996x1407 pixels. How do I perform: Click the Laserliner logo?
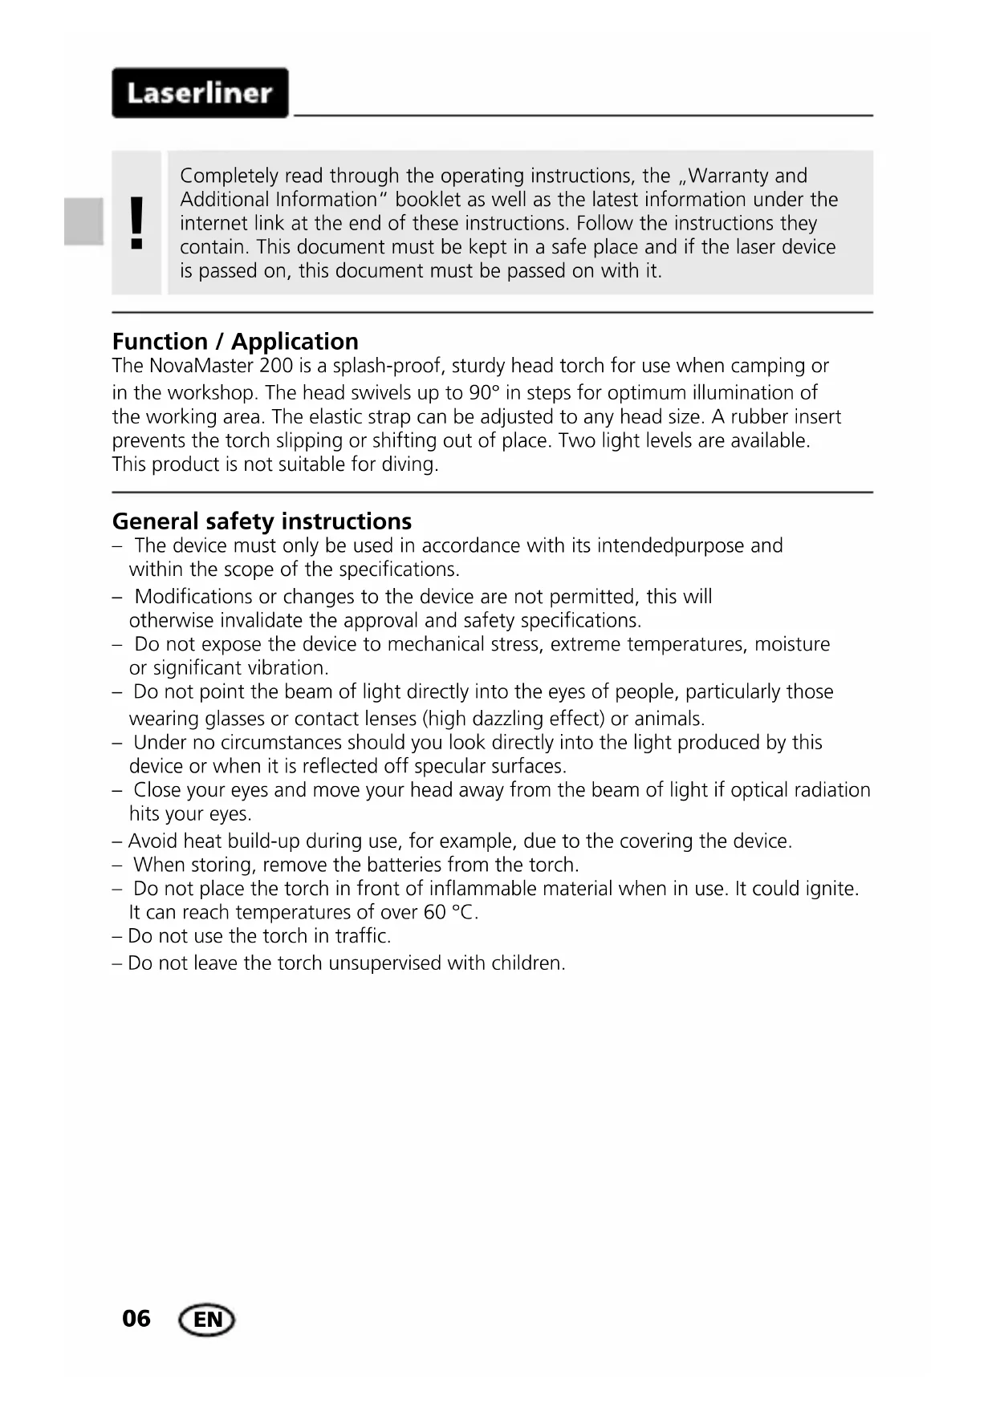click(x=200, y=93)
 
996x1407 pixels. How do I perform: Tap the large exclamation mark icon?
click(x=137, y=222)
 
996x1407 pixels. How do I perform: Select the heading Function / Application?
click(x=235, y=342)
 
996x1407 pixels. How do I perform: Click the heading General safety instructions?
click(x=262, y=521)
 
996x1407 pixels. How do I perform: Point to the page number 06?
click(x=136, y=1319)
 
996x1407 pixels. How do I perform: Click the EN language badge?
click(x=207, y=1320)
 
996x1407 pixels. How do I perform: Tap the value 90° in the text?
click(x=484, y=393)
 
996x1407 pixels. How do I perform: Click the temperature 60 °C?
click(x=450, y=913)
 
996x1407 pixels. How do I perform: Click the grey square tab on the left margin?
click(x=84, y=221)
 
